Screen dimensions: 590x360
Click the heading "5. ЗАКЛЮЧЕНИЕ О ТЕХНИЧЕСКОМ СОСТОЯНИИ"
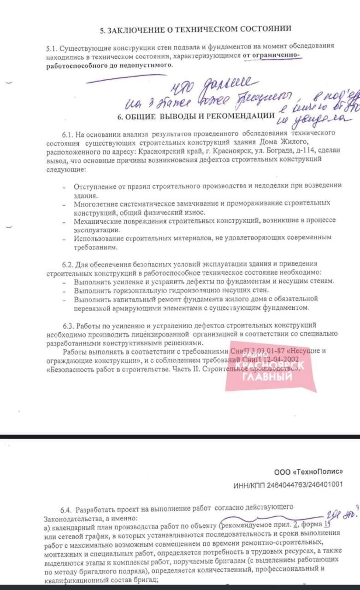[x=196, y=29]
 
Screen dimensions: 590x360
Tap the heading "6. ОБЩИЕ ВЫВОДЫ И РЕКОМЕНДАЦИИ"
[x=196, y=117]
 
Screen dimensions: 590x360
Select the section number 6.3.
[x=69, y=325]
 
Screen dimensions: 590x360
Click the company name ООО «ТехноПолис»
[x=308, y=472]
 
